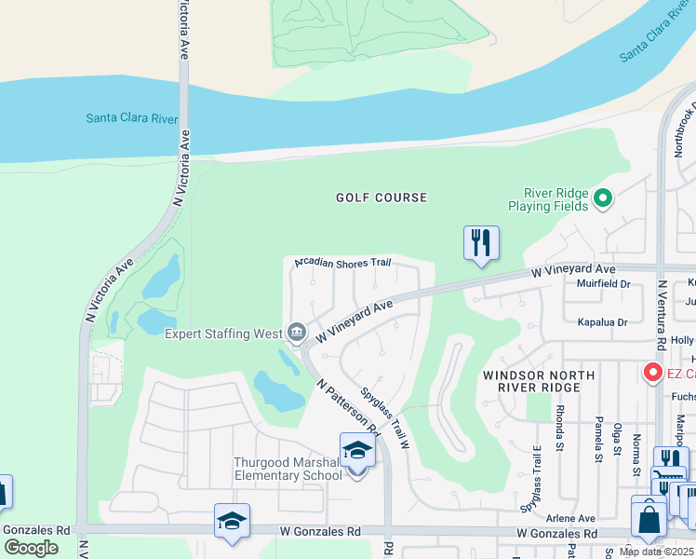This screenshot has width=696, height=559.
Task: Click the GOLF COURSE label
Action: tap(381, 198)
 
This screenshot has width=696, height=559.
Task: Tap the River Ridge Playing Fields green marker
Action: tap(603, 198)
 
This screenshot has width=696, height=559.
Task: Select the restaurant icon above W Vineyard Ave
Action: tap(481, 243)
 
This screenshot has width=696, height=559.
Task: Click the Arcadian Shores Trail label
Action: tap(342, 264)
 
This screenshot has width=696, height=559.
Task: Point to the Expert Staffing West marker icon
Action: tap(297, 331)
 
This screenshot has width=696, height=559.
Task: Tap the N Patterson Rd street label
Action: tap(349, 407)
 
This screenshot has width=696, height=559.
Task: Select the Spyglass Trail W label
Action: tap(385, 420)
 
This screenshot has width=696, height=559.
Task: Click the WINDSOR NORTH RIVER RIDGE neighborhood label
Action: tap(526, 382)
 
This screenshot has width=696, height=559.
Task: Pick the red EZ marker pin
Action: tap(652, 374)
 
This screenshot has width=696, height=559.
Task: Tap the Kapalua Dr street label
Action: tap(603, 322)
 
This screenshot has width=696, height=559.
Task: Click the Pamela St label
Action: tap(596, 439)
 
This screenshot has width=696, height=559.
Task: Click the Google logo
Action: tap(31, 547)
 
